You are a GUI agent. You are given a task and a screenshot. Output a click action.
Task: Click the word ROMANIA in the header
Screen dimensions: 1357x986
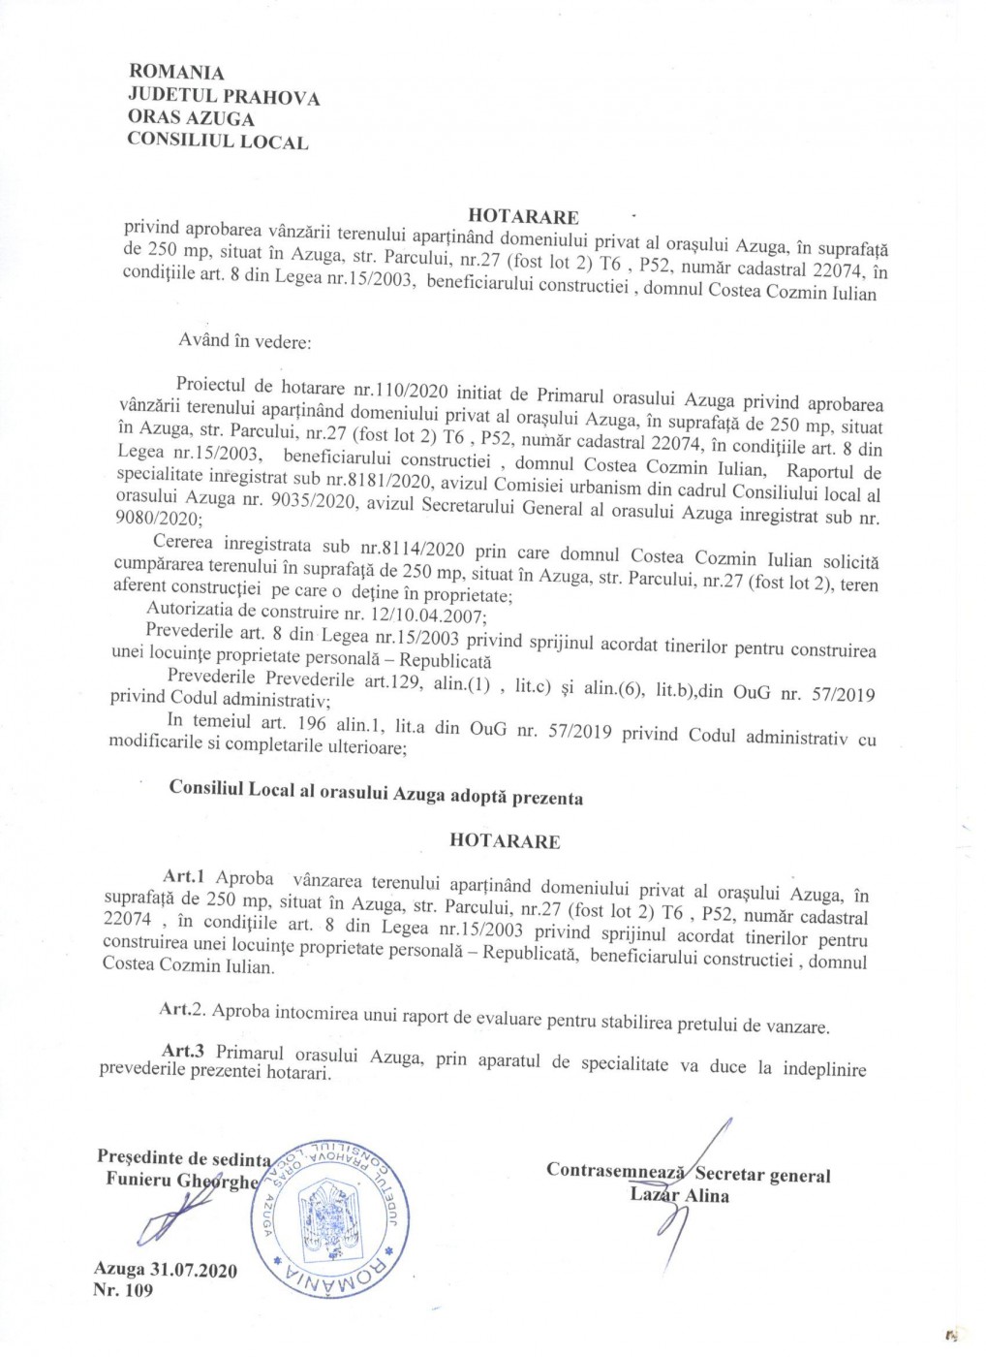coord(175,73)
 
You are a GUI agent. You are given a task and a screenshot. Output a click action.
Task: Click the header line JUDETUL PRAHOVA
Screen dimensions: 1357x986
coord(223,96)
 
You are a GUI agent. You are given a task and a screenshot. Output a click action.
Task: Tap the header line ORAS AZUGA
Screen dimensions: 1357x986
coord(191,118)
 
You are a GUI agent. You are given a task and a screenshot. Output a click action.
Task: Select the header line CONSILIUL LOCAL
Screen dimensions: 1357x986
coord(217,142)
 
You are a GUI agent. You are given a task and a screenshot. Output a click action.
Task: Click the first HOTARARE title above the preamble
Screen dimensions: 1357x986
coord(523,216)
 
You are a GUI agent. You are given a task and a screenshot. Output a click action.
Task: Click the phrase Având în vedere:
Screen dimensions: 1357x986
coord(244,341)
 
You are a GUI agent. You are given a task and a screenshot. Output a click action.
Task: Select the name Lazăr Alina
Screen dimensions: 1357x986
coord(679,1195)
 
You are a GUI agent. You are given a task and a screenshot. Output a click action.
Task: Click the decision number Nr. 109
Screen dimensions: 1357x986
coord(123,1290)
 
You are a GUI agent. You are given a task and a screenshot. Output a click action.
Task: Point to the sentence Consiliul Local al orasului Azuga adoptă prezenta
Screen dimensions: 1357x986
coord(376,793)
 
